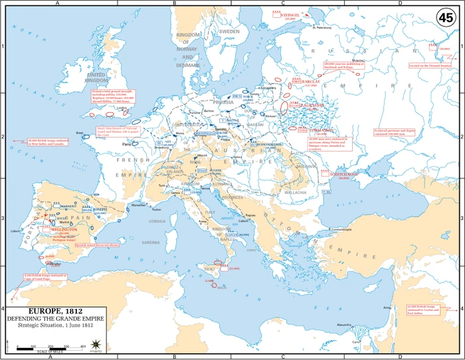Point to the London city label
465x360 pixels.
point(122,106)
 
